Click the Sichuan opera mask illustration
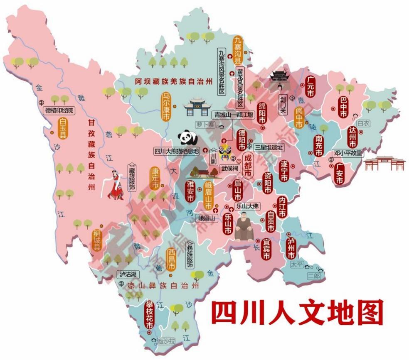(225, 154)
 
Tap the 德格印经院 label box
(59, 110)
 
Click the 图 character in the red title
(367, 313)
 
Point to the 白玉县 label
(63, 129)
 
